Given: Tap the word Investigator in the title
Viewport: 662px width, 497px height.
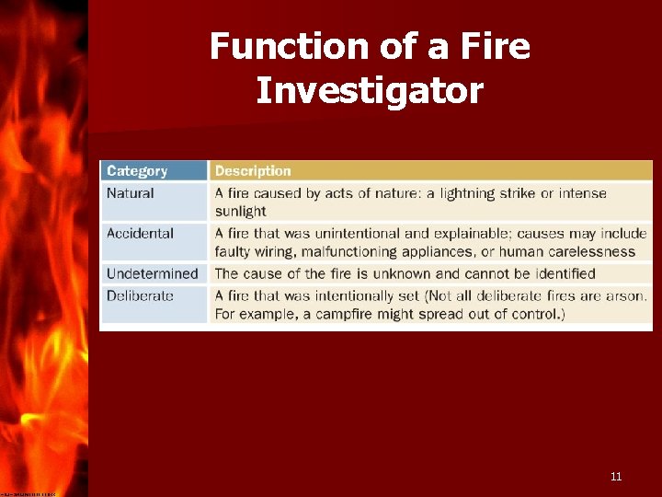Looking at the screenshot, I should pos(369,90).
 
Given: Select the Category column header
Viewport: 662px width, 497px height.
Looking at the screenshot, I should pos(137,170).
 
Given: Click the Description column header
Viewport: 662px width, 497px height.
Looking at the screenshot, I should pos(253,170).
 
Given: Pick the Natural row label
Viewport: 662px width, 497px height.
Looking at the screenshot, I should pos(131,193).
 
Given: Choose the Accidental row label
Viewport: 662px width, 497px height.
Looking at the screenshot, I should pos(140,233).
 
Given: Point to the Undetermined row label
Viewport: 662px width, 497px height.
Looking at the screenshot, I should pos(152,273).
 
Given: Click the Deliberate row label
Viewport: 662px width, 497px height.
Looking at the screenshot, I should pos(140,295).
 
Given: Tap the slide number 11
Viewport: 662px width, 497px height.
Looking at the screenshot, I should pos(616,476).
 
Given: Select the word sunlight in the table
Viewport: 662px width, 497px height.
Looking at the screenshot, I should pos(241,211).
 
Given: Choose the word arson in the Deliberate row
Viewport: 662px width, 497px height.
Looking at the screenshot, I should pos(627,295).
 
